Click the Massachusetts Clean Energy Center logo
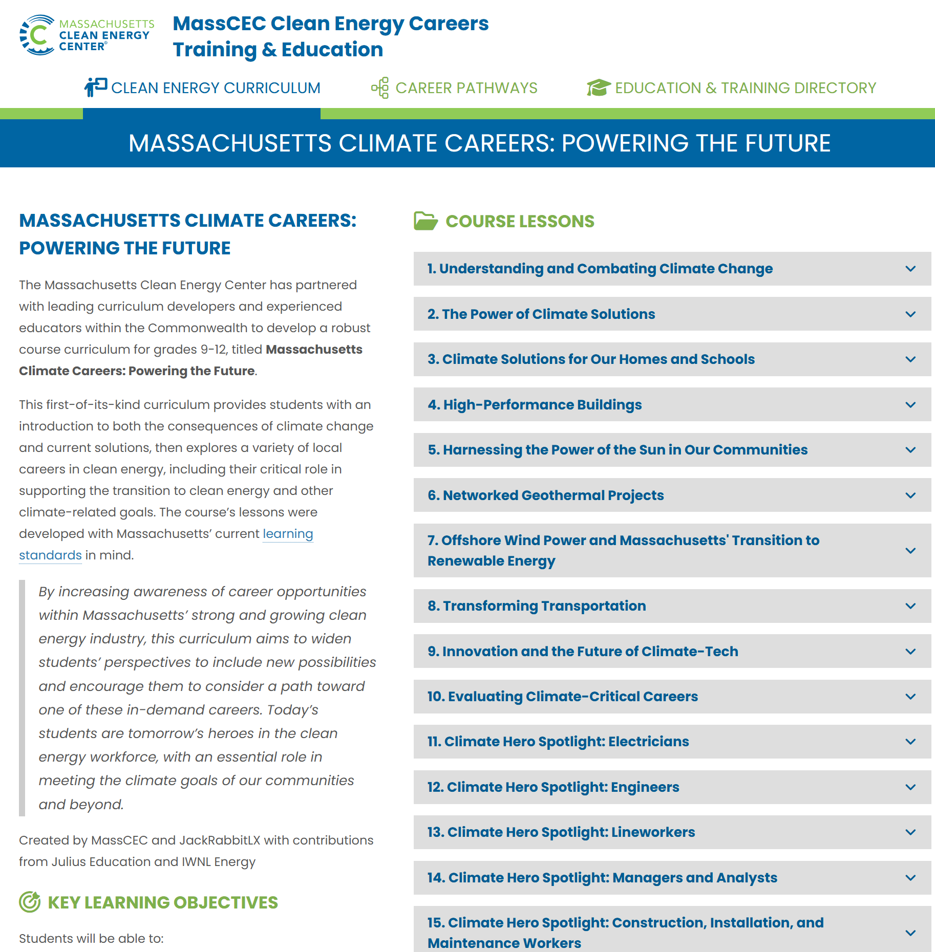pyautogui.click(x=86, y=35)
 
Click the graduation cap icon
pyautogui.click(x=598, y=88)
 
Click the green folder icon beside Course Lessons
pyautogui.click(x=426, y=221)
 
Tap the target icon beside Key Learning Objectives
pyautogui.click(x=30, y=902)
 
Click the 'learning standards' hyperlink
pyautogui.click(x=287, y=534)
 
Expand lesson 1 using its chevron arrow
pyautogui.click(x=910, y=269)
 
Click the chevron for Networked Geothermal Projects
pyautogui.click(x=910, y=495)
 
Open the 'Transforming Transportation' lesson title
pyautogui.click(x=537, y=606)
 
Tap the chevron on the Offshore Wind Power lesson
pyautogui.click(x=910, y=551)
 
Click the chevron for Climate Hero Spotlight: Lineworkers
pyautogui.click(x=910, y=832)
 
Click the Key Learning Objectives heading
pyautogui.click(x=162, y=902)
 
